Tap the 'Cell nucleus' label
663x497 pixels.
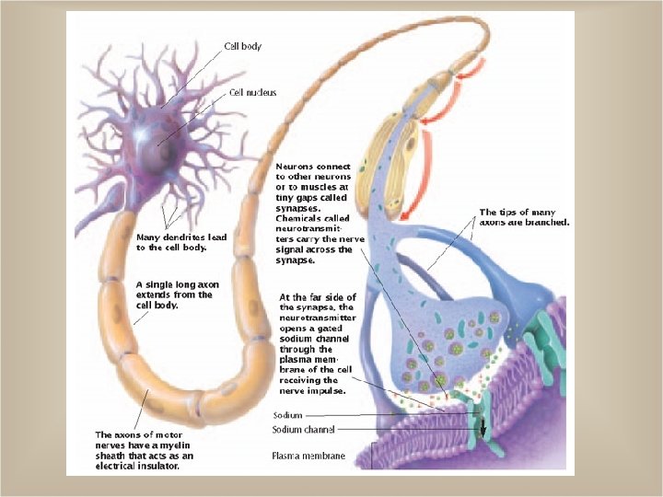pyautogui.click(x=252, y=92)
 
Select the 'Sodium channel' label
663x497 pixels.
pyautogui.click(x=304, y=430)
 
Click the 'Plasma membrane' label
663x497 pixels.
pyautogui.click(x=308, y=456)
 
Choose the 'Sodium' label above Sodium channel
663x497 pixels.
pyautogui.click(x=287, y=415)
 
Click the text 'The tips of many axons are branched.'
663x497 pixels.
pyautogui.click(x=524, y=217)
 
